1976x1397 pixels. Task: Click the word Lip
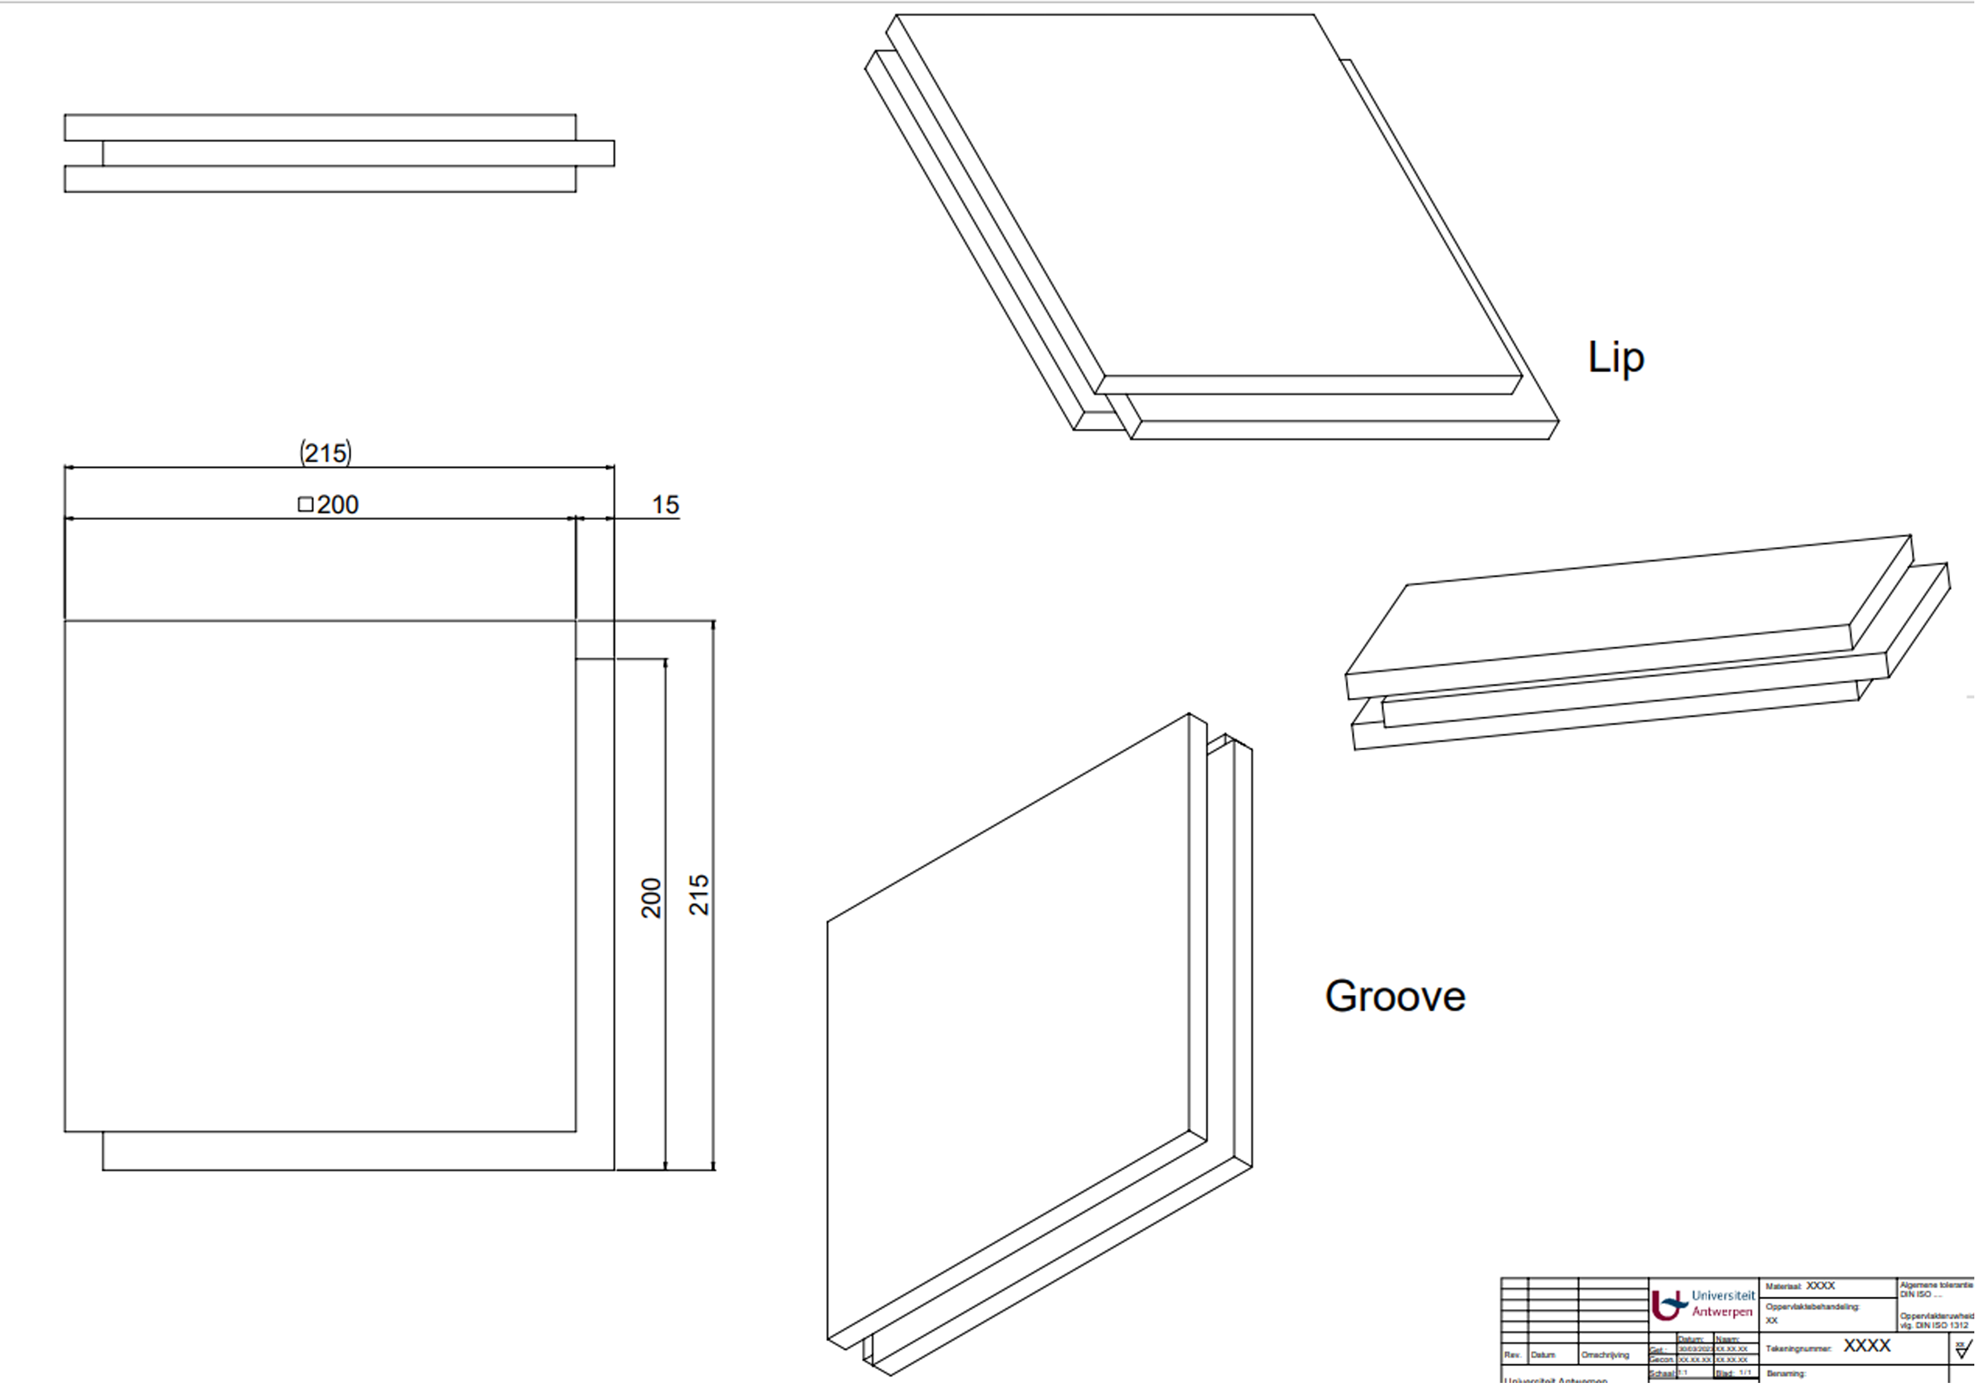click(x=1615, y=357)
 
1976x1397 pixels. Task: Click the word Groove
click(x=1394, y=996)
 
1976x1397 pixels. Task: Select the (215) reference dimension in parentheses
click(x=326, y=453)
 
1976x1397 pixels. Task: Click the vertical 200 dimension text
click(x=652, y=898)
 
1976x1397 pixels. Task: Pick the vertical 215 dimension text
click(x=699, y=895)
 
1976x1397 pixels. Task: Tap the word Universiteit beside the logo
click(x=1723, y=1296)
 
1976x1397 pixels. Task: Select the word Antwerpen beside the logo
click(x=1722, y=1312)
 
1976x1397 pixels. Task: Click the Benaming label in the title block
click(x=1785, y=1374)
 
